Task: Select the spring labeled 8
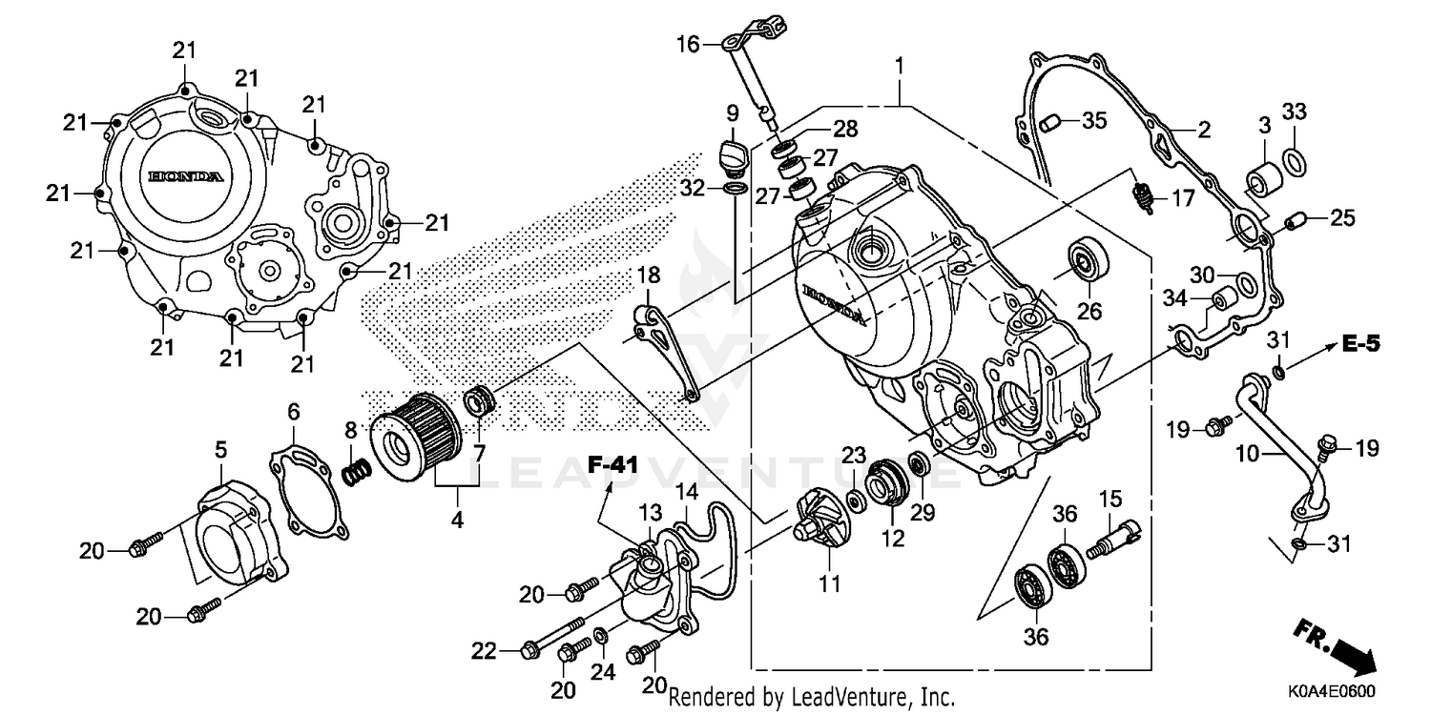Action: pos(355,470)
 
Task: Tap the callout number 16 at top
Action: pos(689,44)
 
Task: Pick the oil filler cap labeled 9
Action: pos(731,153)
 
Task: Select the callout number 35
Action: pos(1094,121)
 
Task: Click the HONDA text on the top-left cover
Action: pos(186,177)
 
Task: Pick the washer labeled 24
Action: pos(601,636)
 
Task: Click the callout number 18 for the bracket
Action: pos(649,276)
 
